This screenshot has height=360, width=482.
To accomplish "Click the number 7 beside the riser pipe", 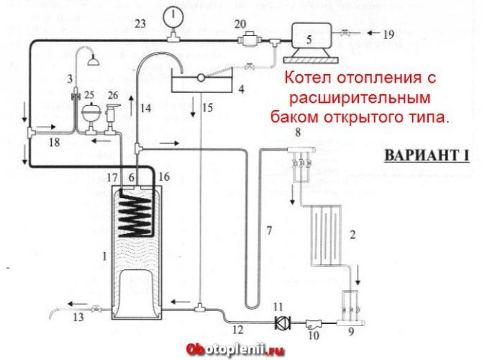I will (268, 231).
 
